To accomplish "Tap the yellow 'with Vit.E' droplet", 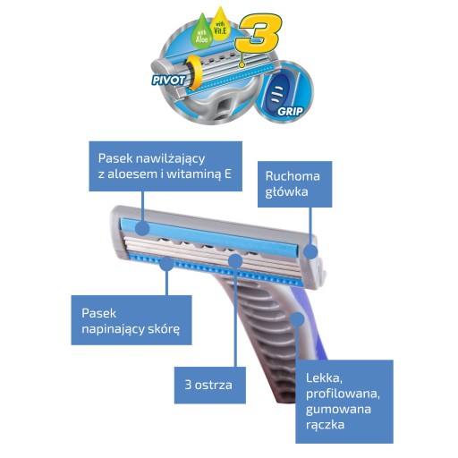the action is [x=220, y=26].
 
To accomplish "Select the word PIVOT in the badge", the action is [x=168, y=81].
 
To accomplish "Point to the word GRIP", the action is [x=290, y=112].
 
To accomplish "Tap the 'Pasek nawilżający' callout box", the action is [x=165, y=166].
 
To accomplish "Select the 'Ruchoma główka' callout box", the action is [x=294, y=184].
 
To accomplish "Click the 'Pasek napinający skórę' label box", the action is [x=131, y=320].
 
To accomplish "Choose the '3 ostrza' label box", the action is [x=210, y=386].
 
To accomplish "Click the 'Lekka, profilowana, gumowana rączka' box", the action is [x=344, y=402].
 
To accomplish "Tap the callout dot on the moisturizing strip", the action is [x=142, y=229].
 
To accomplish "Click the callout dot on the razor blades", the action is [x=235, y=260].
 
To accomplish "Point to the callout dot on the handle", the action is [x=297, y=319].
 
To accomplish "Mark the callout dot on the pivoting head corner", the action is [x=311, y=252].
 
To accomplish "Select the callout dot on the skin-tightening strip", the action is [x=166, y=264].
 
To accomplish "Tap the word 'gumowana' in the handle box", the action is [x=338, y=410].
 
